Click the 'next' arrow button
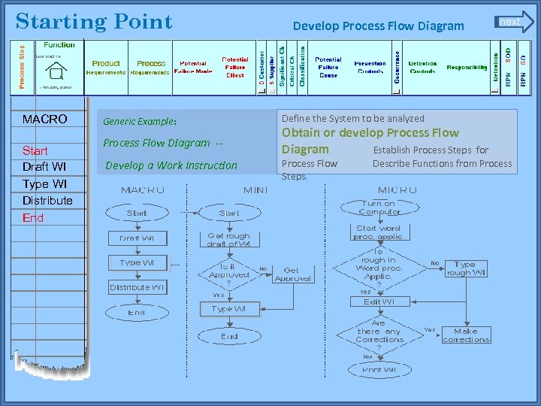tap(513, 22)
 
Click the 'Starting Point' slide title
tap(94, 21)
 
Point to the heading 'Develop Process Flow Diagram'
tap(378, 26)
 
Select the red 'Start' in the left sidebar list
tap(35, 150)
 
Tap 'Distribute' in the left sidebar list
tap(47, 200)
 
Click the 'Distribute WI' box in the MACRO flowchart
tap(137, 287)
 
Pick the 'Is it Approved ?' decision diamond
tap(228, 273)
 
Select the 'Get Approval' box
tap(292, 274)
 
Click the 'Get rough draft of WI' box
tap(228, 239)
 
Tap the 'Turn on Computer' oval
tap(379, 208)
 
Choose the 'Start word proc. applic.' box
tap(379, 232)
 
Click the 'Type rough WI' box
tap(465, 268)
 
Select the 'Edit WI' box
tap(379, 301)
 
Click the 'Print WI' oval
tap(379, 370)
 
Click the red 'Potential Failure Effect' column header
tap(234, 67)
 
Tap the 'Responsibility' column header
tap(467, 67)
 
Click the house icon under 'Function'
tap(54, 71)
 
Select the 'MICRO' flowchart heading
tap(398, 189)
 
